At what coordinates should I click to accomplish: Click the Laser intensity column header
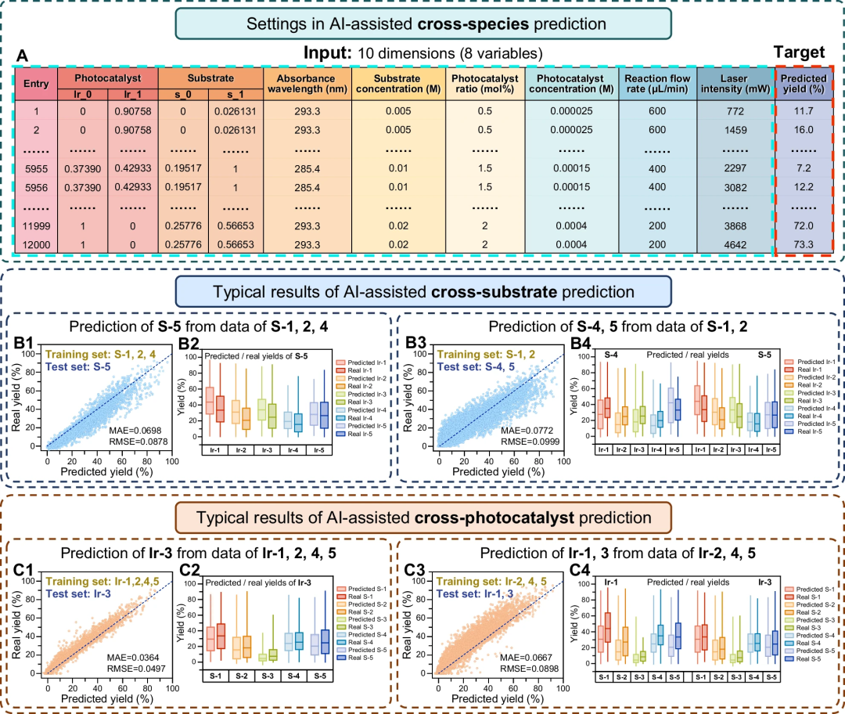[x=734, y=85]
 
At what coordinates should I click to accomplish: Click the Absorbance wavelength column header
[x=307, y=85]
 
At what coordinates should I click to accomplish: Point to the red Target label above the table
[x=800, y=52]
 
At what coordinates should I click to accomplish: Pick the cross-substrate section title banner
[x=422, y=294]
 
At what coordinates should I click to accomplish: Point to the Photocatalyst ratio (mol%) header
[x=484, y=85]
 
